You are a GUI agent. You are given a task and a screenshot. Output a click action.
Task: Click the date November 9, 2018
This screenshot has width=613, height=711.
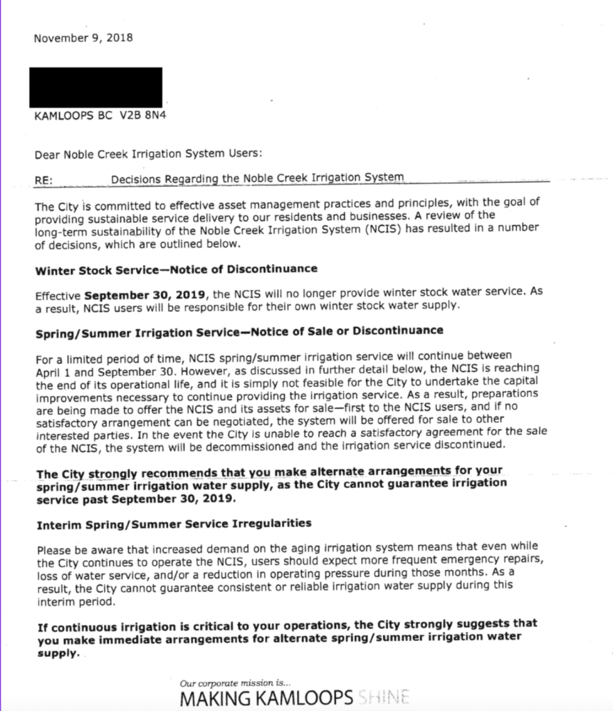pyautogui.click(x=83, y=37)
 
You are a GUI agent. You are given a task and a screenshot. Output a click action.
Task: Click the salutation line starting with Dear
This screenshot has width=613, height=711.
pyautogui.click(x=148, y=154)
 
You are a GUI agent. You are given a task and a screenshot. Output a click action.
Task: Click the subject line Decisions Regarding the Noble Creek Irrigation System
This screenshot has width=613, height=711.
pyautogui.click(x=257, y=178)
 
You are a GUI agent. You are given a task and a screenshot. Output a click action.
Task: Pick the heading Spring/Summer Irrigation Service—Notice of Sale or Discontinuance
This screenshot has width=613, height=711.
pyautogui.click(x=239, y=331)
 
